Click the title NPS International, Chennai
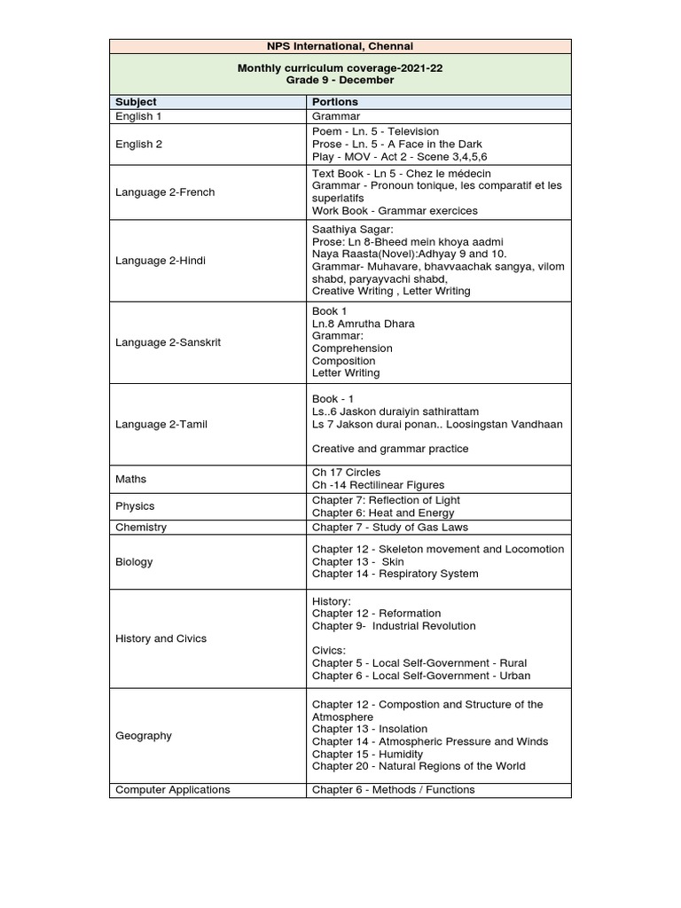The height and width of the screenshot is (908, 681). coord(340,46)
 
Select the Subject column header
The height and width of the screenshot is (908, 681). coord(136,102)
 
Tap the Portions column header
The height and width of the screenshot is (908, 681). coord(335,102)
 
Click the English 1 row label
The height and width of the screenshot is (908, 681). coord(138,116)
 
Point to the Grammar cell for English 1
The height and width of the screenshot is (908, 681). coord(336,116)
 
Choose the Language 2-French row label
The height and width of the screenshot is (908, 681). coord(165,192)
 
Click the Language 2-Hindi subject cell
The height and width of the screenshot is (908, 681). coord(161,260)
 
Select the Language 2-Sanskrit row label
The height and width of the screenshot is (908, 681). coord(168,342)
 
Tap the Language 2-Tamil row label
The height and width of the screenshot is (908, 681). coord(161,425)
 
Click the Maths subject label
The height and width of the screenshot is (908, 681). coord(131,479)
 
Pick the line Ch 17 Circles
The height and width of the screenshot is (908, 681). coord(346,473)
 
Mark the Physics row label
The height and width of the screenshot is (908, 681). coord(135,506)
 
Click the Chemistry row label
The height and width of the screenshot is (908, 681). coord(141,528)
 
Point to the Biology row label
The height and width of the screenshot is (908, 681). coord(134,561)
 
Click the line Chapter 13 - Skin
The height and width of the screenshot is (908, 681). coord(357,561)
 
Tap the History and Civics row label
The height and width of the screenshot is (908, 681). coord(162,638)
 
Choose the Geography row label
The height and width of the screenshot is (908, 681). coord(144,736)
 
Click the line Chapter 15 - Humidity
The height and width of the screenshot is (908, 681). coord(367,754)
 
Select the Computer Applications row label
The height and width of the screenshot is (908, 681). coord(173,790)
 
